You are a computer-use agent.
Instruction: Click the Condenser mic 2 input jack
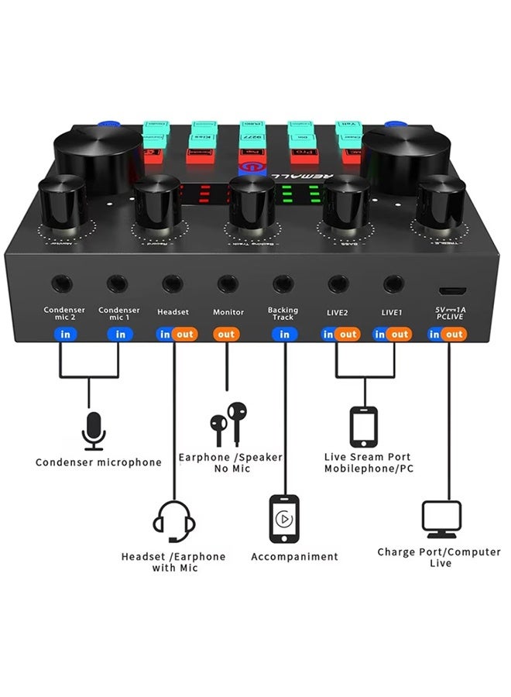coord(63,284)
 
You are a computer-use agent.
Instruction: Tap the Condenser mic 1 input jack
coord(118,284)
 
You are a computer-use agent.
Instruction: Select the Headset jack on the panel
coord(173,284)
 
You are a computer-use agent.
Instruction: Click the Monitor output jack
coord(228,284)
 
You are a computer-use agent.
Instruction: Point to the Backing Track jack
coord(283,284)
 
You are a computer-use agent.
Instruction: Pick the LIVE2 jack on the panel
coord(338,284)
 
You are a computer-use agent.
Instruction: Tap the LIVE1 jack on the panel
coord(393,284)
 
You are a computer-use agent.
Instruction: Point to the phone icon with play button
coord(283,518)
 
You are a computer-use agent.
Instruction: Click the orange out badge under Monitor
coord(227,335)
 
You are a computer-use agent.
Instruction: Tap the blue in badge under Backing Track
coord(284,335)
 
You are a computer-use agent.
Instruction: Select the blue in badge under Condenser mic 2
coord(63,335)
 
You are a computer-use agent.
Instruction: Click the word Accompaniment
coord(294,557)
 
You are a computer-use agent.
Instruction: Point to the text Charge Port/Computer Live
coord(440,558)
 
